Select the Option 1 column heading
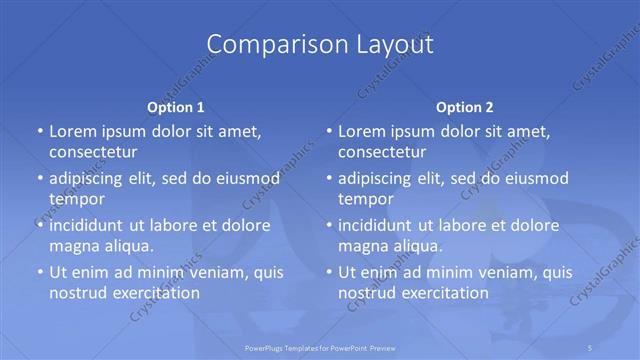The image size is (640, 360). click(x=175, y=107)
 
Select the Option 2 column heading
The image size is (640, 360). click(x=464, y=107)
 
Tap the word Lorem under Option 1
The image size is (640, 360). click(x=72, y=131)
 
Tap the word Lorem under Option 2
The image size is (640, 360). click(x=361, y=131)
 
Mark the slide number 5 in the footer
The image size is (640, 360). click(x=591, y=347)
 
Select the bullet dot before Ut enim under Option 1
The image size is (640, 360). click(x=39, y=272)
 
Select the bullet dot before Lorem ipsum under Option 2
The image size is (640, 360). click(x=328, y=131)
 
